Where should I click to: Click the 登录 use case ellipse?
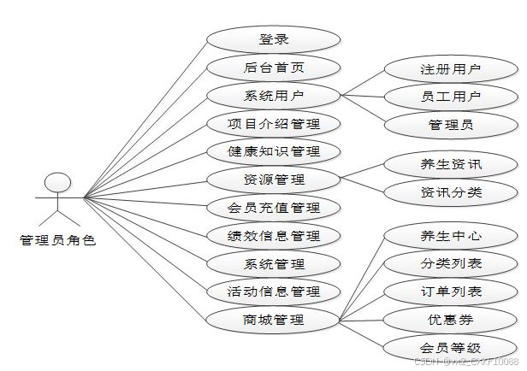(274, 39)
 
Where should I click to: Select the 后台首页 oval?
(274, 68)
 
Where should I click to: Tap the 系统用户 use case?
(274, 96)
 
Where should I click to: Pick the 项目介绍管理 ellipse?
(274, 124)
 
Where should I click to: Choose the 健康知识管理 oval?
(274, 151)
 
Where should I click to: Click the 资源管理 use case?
(274, 180)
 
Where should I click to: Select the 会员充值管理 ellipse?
(274, 208)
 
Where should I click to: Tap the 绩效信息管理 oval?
(274, 236)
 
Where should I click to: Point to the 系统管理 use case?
(274, 264)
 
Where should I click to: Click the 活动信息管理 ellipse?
(274, 292)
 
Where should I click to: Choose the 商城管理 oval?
(274, 321)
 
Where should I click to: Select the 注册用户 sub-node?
(451, 69)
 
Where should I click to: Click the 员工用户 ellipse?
(451, 97)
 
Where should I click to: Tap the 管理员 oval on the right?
(451, 125)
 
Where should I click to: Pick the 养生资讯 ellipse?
(451, 164)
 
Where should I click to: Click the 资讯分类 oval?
(451, 192)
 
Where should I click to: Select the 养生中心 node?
(451, 236)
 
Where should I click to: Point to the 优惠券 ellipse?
(451, 321)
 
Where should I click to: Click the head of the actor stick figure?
(57, 182)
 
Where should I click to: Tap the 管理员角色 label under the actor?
(57, 241)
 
